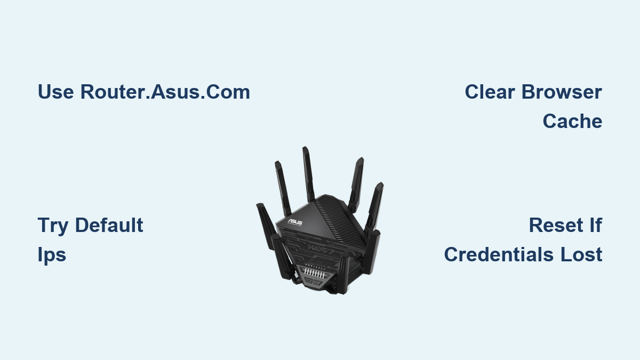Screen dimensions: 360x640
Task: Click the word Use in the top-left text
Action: point(56,92)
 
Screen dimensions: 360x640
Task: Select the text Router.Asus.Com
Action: point(165,92)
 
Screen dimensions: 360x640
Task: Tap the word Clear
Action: point(490,92)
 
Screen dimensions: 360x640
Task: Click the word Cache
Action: point(572,122)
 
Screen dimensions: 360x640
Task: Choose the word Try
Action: point(53,226)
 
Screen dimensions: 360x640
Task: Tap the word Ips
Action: point(52,255)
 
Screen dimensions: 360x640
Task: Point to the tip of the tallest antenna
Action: point(305,149)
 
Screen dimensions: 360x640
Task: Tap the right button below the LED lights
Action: point(324,287)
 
